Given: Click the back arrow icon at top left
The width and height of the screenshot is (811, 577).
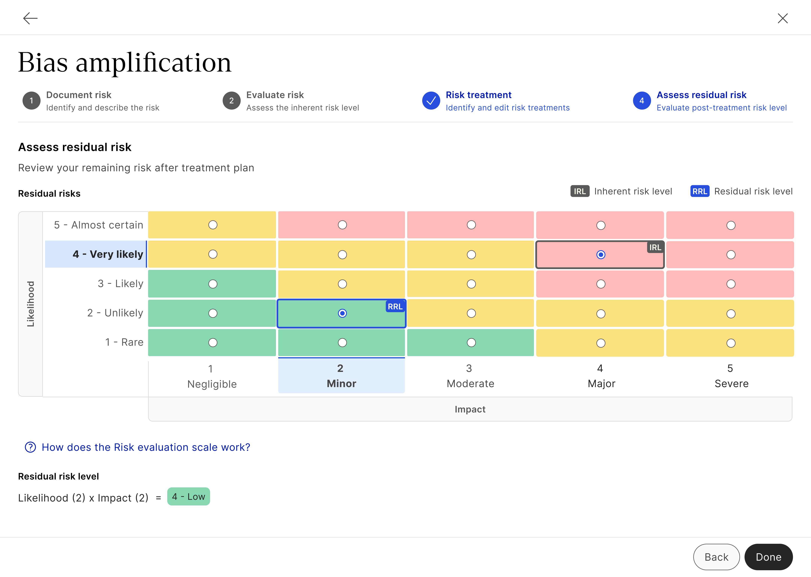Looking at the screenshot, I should (x=30, y=18).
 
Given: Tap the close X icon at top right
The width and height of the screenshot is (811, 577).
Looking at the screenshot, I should (x=783, y=18).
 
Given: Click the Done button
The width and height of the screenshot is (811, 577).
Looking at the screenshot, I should (x=768, y=557).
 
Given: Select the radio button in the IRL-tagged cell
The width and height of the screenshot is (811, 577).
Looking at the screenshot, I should (x=601, y=255).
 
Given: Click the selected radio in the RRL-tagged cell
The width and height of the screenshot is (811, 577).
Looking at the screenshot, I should (x=342, y=313).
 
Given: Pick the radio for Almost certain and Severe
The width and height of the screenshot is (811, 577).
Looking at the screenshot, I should (x=731, y=225).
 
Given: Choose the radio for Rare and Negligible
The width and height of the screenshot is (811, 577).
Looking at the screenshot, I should (x=213, y=343).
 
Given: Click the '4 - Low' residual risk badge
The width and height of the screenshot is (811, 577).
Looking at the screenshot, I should (x=188, y=497).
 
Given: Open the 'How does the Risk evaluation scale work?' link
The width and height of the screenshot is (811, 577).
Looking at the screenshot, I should (x=146, y=447).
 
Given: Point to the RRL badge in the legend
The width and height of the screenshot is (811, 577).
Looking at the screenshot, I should (x=699, y=191).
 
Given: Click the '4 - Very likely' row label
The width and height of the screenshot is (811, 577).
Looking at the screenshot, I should (x=108, y=254).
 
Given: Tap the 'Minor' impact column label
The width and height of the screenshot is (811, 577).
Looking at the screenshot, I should (x=341, y=383).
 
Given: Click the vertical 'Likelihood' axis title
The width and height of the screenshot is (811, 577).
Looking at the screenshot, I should (x=31, y=304).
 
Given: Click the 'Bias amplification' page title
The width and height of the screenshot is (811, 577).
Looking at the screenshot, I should (x=125, y=63).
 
